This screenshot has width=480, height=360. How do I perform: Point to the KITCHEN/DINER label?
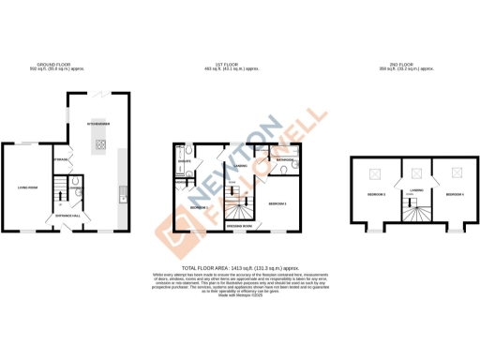(x=99, y=124)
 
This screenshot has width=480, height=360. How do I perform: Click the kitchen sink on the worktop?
(x=123, y=197)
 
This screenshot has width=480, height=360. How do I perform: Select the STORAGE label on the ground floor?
(x=62, y=159)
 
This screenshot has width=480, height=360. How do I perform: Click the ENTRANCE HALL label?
(x=71, y=216)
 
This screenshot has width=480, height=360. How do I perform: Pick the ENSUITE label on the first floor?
(x=184, y=161)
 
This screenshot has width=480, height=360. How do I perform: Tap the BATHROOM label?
(x=286, y=159)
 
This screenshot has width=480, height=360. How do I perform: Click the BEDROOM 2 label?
(x=277, y=202)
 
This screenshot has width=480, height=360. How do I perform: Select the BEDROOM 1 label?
(x=198, y=207)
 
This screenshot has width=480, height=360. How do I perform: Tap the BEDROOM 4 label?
(x=455, y=194)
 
